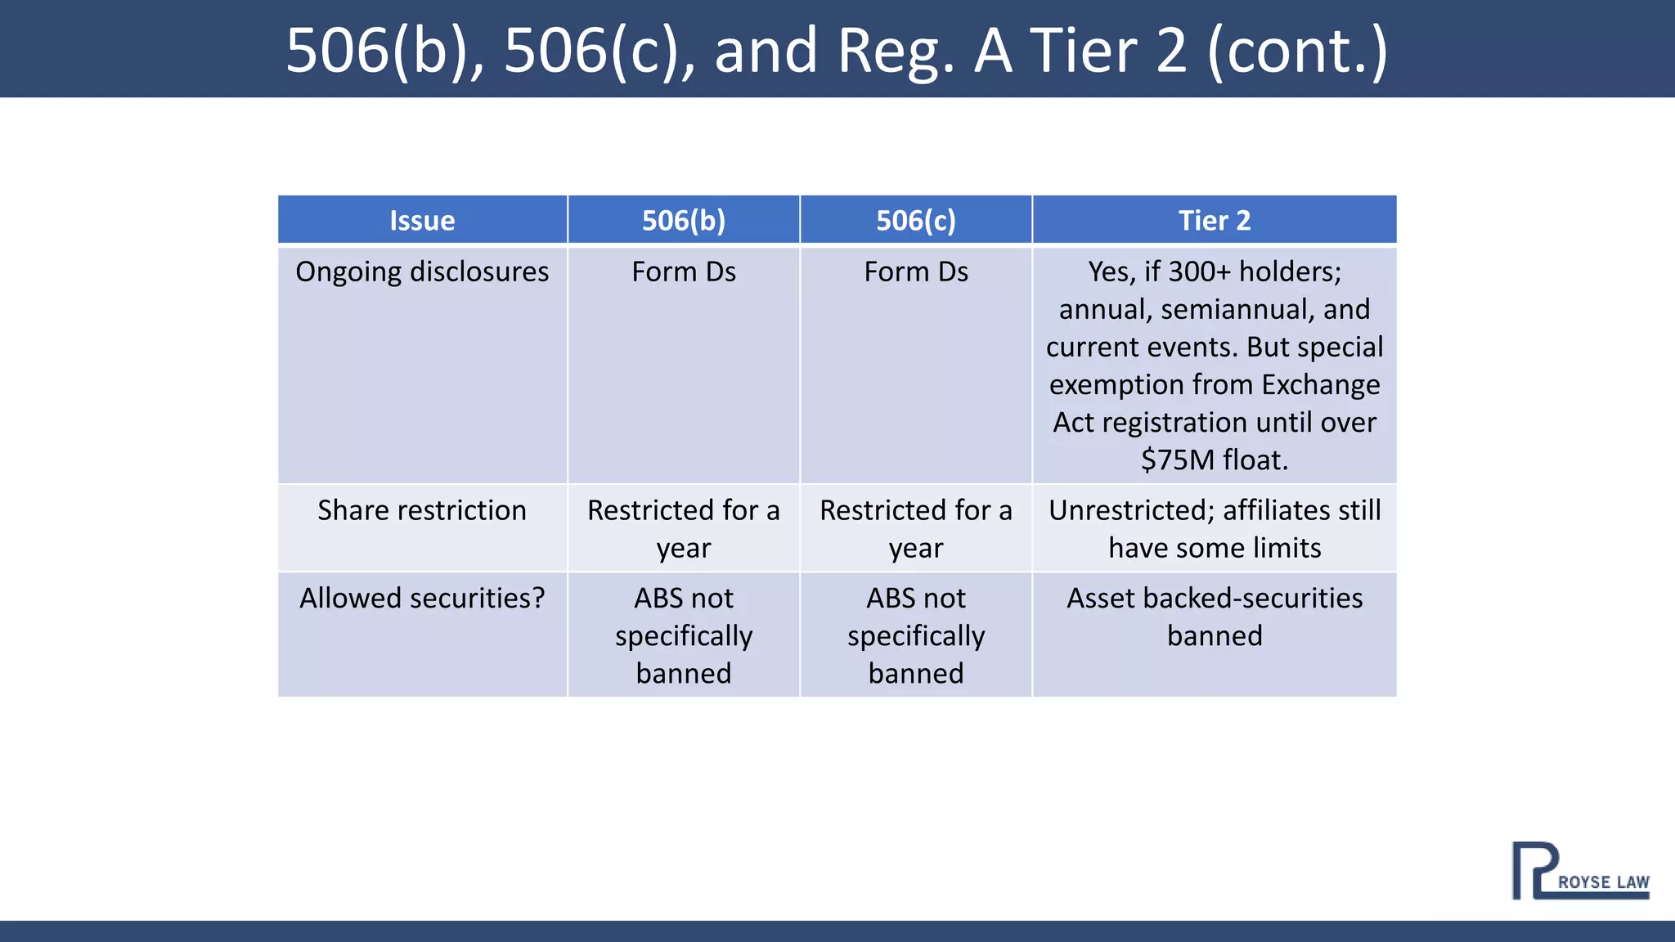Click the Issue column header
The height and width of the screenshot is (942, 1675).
pyautogui.click(x=422, y=221)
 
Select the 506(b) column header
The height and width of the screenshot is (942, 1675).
pyautogui.click(x=684, y=221)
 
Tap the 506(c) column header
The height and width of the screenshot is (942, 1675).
pyautogui.click(x=916, y=221)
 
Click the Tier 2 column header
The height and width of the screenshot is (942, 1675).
pyautogui.click(x=1215, y=221)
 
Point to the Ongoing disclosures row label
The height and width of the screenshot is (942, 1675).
pyautogui.click(x=422, y=271)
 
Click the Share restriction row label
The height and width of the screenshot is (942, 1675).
pyautogui.click(x=422, y=510)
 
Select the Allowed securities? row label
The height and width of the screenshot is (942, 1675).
pyautogui.click(x=422, y=599)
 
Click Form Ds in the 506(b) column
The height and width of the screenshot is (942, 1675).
pyautogui.click(x=684, y=271)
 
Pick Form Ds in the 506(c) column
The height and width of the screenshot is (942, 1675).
pyautogui.click(x=916, y=271)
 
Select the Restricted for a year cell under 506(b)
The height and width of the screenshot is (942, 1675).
pyautogui.click(x=684, y=528)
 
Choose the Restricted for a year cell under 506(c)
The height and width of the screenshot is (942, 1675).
pyautogui.click(x=916, y=528)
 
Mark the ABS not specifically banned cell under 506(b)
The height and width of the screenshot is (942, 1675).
pyautogui.click(x=684, y=635)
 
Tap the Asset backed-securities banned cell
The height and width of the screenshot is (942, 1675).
pyautogui.click(x=1215, y=617)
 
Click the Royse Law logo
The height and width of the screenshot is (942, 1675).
pyautogui.click(x=1579, y=872)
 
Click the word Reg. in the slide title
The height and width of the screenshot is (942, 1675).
pyautogui.click(x=896, y=51)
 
